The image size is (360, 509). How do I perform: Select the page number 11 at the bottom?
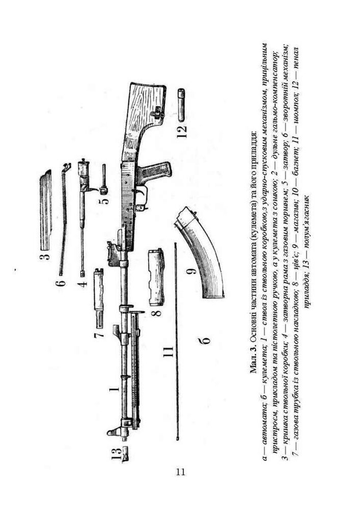(x=180, y=472)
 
